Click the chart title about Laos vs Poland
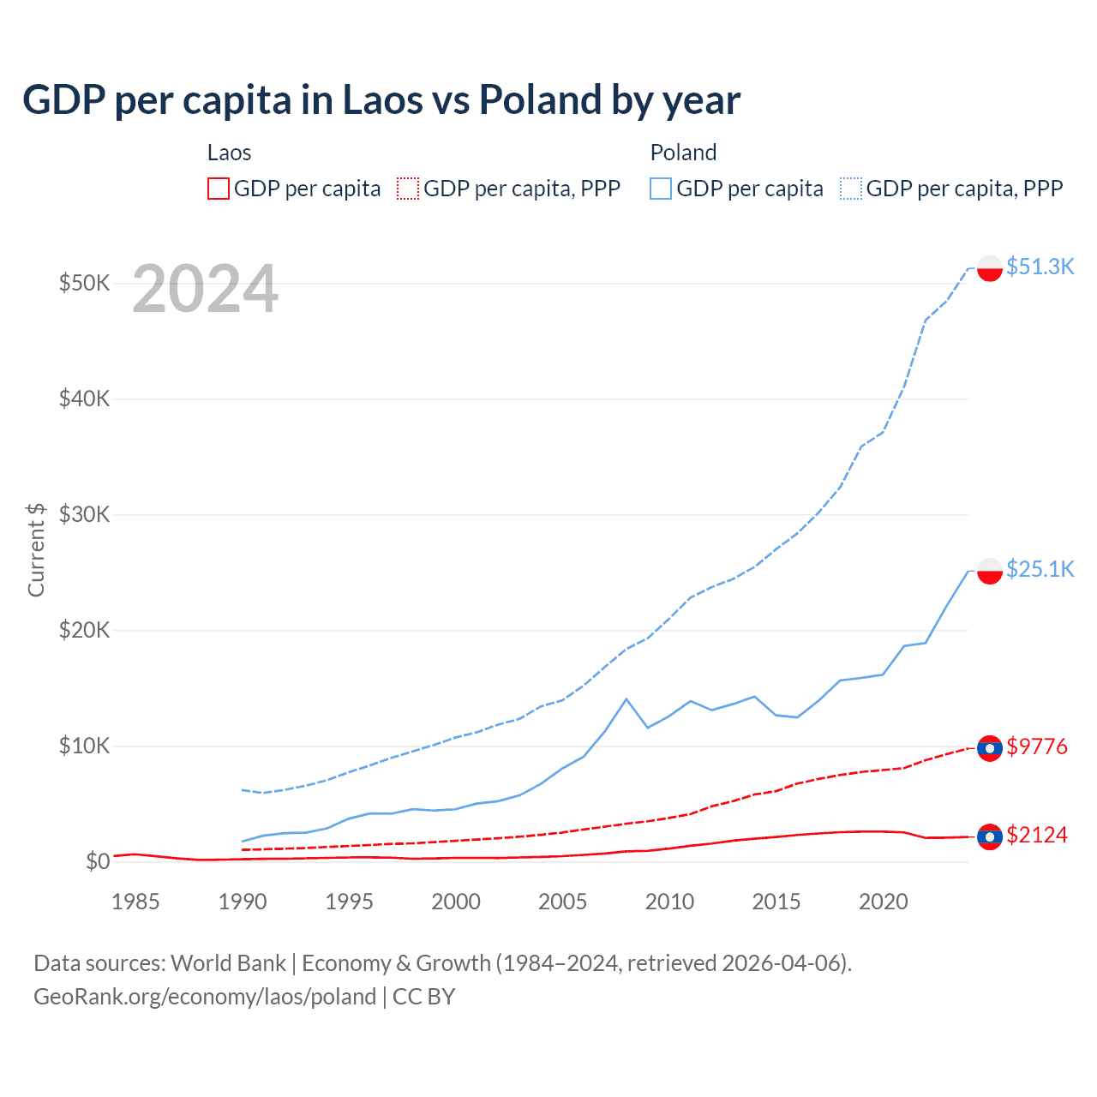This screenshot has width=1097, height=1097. [x=381, y=100]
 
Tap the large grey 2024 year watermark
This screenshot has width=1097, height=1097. [x=205, y=290]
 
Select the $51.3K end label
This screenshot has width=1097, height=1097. [x=1040, y=267]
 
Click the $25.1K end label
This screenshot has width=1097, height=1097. [x=1040, y=569]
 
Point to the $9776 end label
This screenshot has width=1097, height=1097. [x=1037, y=746]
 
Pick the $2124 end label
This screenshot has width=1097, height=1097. [x=1037, y=835]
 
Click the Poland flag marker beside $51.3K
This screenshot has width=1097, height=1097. [x=990, y=268]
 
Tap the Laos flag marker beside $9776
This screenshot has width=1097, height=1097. [x=990, y=748]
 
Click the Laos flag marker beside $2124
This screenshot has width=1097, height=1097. [x=990, y=836]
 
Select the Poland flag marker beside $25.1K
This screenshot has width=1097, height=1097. [x=990, y=571]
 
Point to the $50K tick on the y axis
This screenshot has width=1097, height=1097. [x=84, y=283]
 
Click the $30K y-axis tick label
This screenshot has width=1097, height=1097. [x=84, y=514]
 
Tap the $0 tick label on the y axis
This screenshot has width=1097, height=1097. [x=98, y=861]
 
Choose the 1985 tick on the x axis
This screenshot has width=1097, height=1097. [x=135, y=902]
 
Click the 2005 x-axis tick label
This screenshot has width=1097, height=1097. [x=562, y=902]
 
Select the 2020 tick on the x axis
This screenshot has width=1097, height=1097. [x=883, y=902]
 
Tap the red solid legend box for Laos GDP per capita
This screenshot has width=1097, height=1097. [x=219, y=189]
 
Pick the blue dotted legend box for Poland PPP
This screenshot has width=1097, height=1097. [x=851, y=189]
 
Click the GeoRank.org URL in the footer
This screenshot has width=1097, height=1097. [x=205, y=997]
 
